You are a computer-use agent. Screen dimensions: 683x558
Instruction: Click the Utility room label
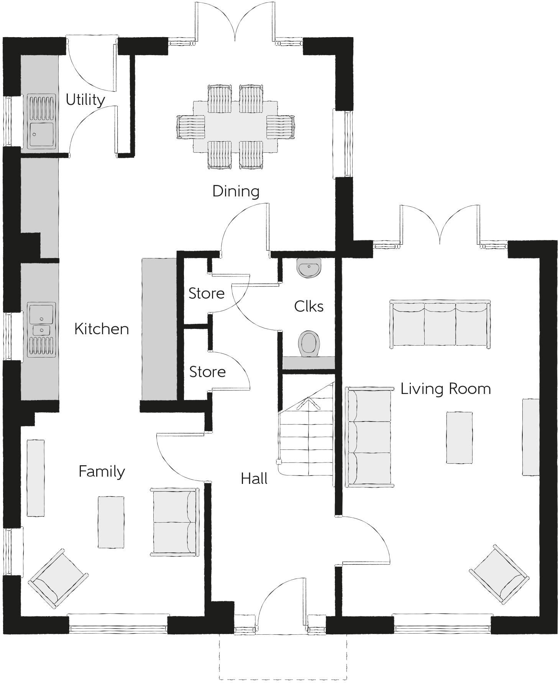coord(85,100)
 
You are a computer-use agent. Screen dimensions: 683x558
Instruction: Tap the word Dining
coord(236,191)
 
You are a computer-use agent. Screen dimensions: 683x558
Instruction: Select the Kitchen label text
coord(101,329)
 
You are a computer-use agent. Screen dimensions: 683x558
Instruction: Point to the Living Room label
coord(445,389)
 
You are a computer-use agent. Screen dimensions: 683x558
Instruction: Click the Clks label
coord(309,306)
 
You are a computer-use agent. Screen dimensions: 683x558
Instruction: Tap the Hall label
coord(254,479)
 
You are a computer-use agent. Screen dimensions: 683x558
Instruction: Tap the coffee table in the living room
coord(459,438)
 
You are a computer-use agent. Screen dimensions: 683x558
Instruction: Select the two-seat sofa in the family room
coord(174,522)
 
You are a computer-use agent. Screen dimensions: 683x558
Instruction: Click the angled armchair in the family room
coord(58,578)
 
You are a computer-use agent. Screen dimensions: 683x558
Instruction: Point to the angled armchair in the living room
coord(499,574)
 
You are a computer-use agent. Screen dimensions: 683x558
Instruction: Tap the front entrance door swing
coord(282,601)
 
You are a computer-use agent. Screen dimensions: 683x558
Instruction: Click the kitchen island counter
coord(159,329)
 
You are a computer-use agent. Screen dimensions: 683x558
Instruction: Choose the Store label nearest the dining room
coord(206,293)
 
